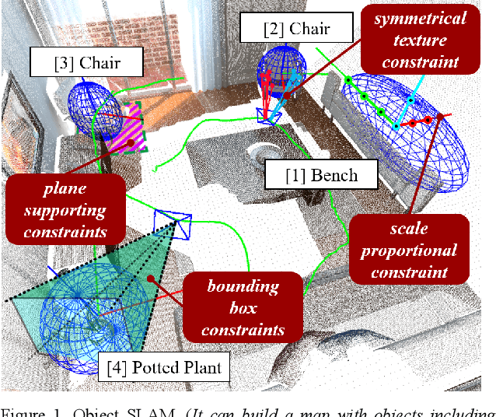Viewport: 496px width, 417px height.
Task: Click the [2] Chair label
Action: (298, 30)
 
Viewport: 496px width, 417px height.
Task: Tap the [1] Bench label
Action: (322, 174)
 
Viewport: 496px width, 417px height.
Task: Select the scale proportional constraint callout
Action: (409, 251)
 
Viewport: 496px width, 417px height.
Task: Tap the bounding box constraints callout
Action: (243, 308)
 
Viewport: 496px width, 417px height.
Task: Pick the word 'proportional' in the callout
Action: (409, 251)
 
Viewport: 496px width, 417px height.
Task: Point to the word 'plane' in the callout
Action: (65, 189)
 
